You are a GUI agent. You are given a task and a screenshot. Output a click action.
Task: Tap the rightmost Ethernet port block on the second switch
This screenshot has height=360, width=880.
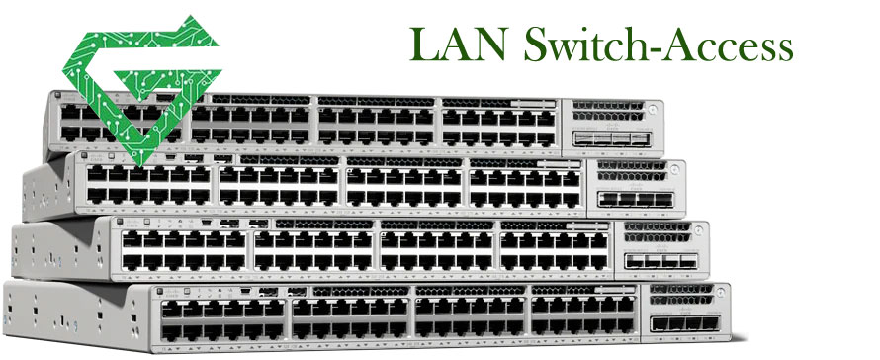[525, 186]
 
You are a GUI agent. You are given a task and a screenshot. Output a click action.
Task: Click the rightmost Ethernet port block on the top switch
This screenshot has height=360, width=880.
[499, 125]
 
